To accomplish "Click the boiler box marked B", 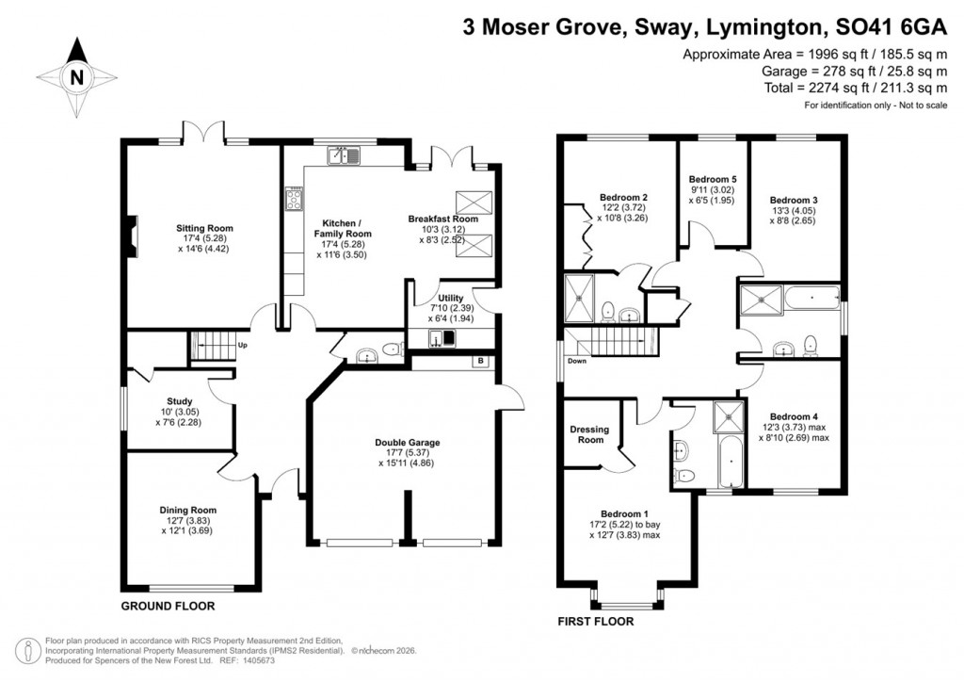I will click(x=480, y=361).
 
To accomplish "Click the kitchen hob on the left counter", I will click(x=293, y=200).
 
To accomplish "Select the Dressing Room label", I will click(x=590, y=433).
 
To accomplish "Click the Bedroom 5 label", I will click(x=713, y=179).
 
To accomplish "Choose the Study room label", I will click(x=179, y=401).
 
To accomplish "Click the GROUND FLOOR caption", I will click(x=168, y=606).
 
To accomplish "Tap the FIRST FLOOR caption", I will click(x=595, y=622).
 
